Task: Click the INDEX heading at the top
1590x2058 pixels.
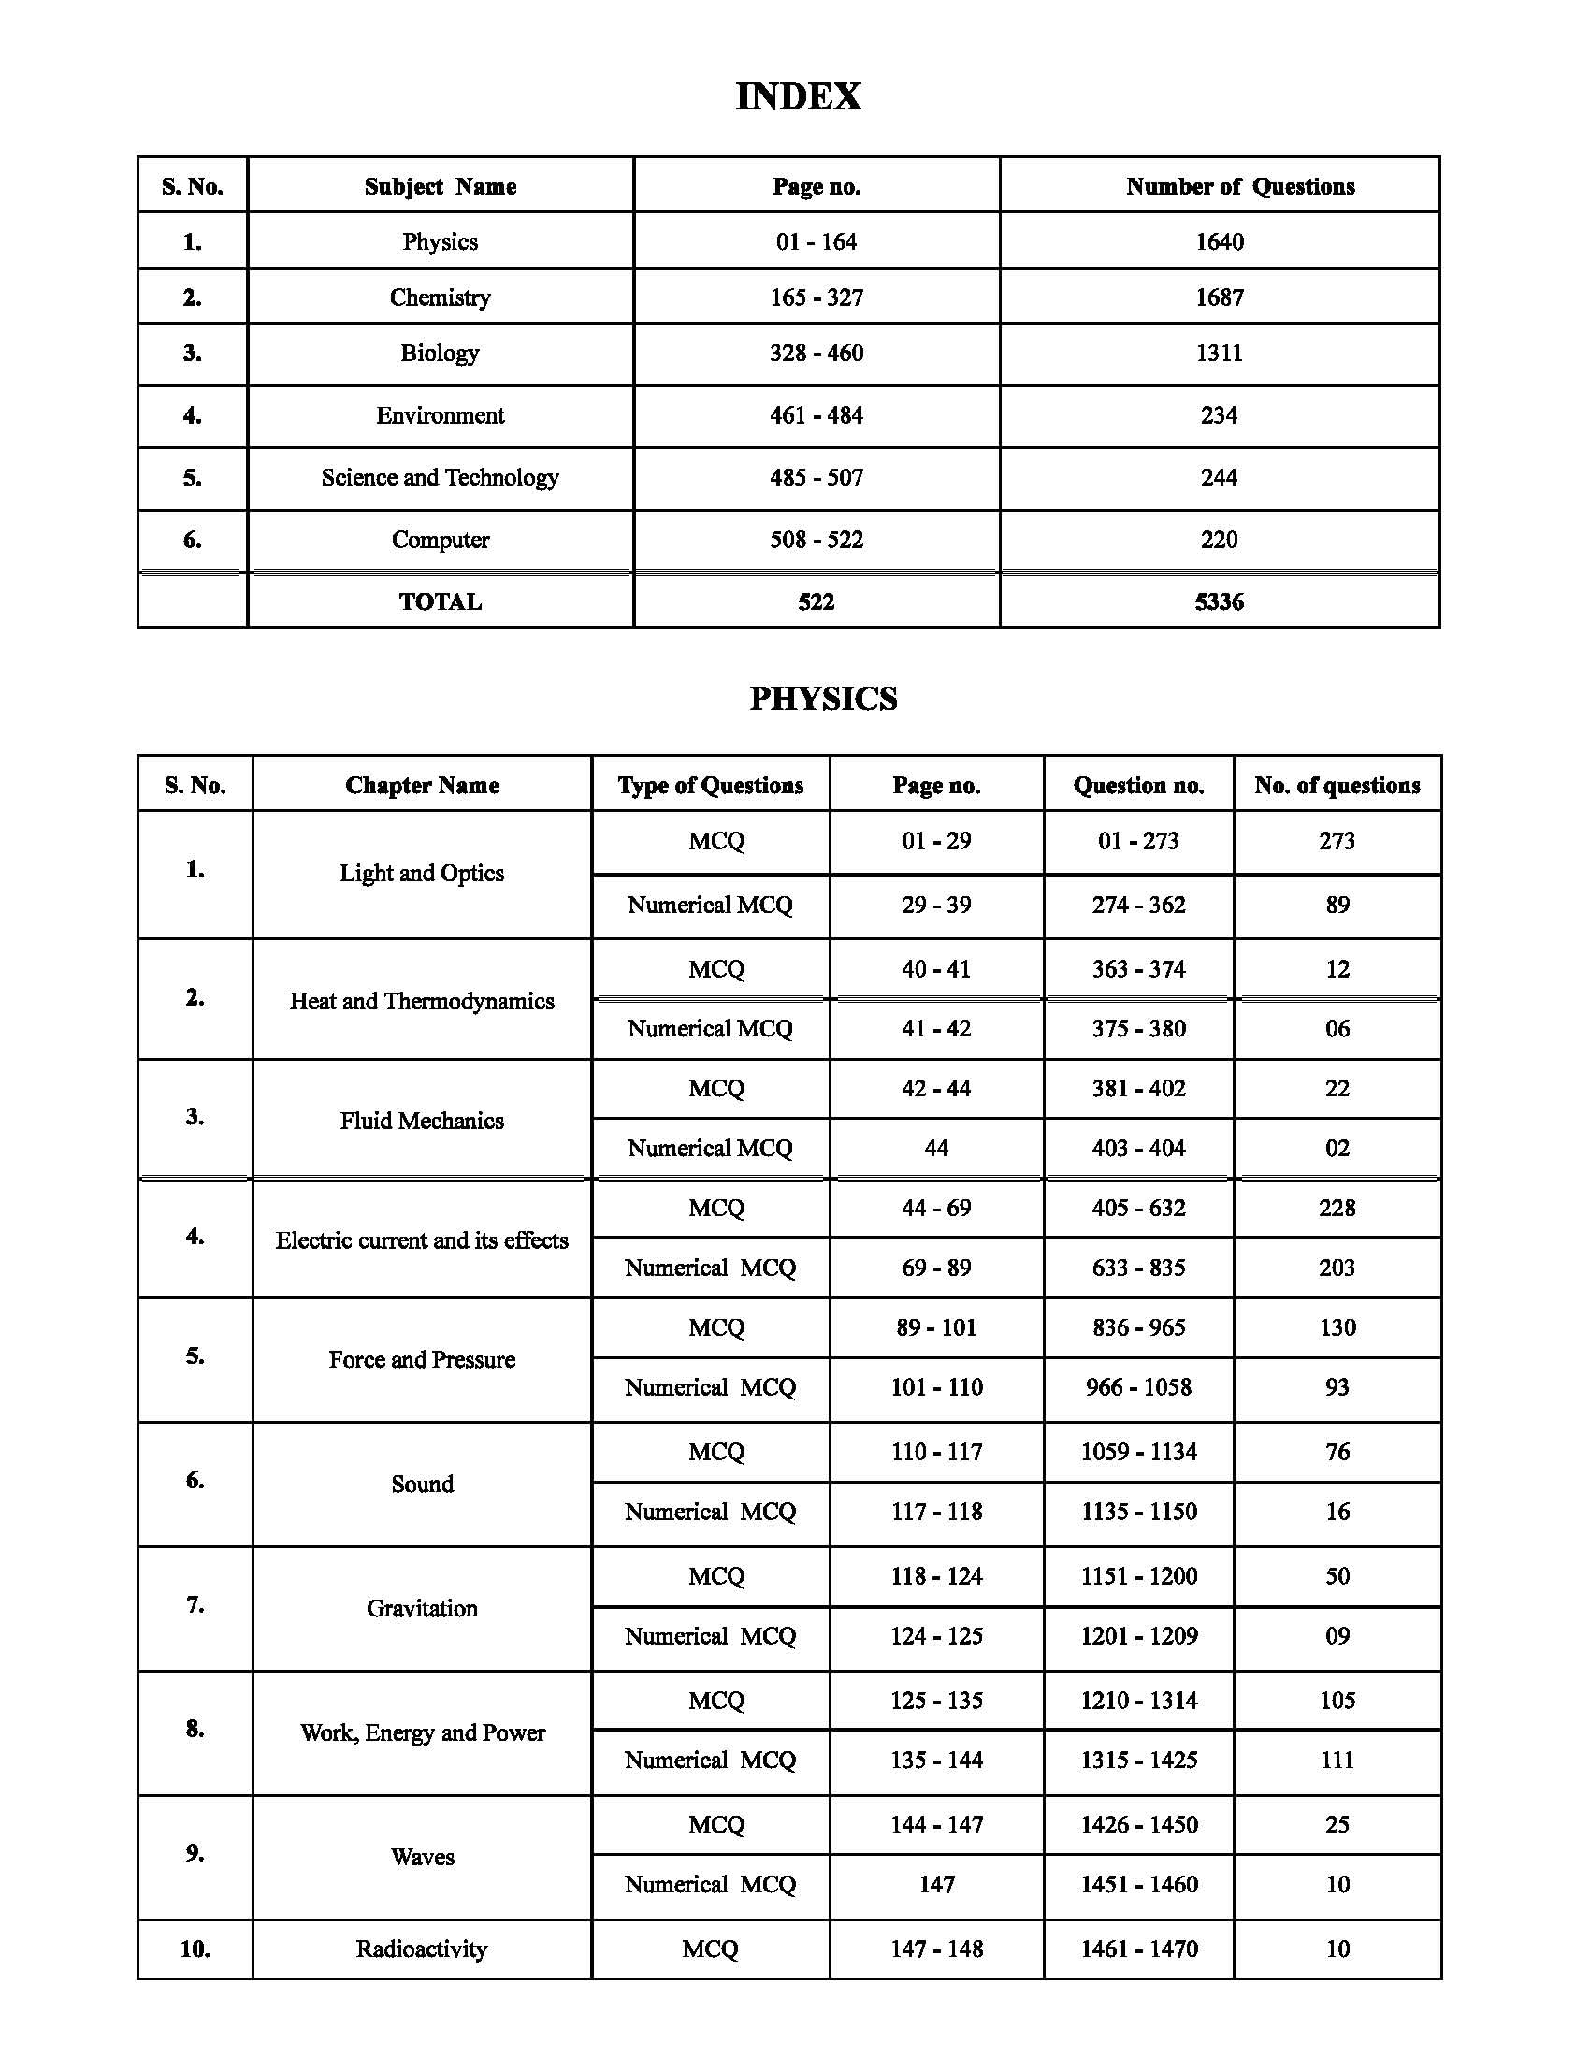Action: coord(797,96)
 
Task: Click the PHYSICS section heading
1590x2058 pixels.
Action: coord(822,698)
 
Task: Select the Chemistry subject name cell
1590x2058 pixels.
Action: coord(440,297)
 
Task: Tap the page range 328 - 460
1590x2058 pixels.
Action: coord(816,354)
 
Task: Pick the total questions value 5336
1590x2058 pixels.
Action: coord(1219,601)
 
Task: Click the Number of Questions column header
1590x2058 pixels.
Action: coord(1239,186)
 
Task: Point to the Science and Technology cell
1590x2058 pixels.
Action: coord(440,478)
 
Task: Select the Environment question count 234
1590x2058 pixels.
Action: coord(1219,415)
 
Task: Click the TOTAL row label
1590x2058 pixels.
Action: coord(440,601)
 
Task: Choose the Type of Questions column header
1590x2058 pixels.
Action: coord(710,785)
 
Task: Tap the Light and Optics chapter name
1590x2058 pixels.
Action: coord(421,874)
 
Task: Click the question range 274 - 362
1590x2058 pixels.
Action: coord(1138,905)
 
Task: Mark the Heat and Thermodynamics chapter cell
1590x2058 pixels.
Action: coord(421,1001)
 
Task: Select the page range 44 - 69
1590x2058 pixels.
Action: coord(935,1208)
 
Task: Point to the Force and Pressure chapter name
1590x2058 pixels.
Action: coord(421,1360)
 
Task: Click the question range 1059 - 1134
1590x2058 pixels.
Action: coord(1138,1451)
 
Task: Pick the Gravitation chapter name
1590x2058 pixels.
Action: coord(421,1609)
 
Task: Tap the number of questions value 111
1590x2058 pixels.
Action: coord(1337,1760)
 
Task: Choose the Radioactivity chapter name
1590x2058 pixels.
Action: coord(421,1949)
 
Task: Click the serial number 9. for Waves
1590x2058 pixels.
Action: coord(194,1852)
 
